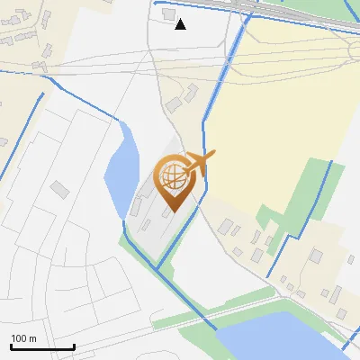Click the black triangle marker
pos(181,24)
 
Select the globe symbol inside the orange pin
pos(171,176)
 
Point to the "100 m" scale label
pos(23,338)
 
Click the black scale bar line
pos(42,346)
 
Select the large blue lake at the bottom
pos(279,338)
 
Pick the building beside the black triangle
pos(168,14)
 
